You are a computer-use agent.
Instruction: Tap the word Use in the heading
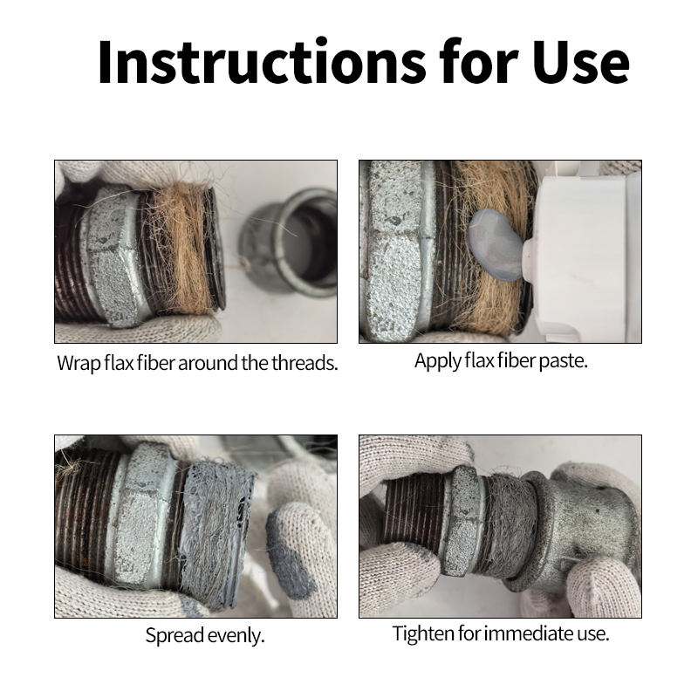(581, 62)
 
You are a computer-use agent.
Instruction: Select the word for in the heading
(479, 61)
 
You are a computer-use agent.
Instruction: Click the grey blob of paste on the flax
(496, 245)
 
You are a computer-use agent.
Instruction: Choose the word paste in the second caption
(563, 361)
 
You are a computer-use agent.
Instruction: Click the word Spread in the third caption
(174, 636)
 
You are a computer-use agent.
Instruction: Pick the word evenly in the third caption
(236, 636)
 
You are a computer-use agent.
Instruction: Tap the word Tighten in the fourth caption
(423, 634)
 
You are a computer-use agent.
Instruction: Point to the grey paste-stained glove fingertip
(289, 557)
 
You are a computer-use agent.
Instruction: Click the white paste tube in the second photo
(583, 254)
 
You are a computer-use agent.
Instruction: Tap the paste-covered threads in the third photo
(216, 534)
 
